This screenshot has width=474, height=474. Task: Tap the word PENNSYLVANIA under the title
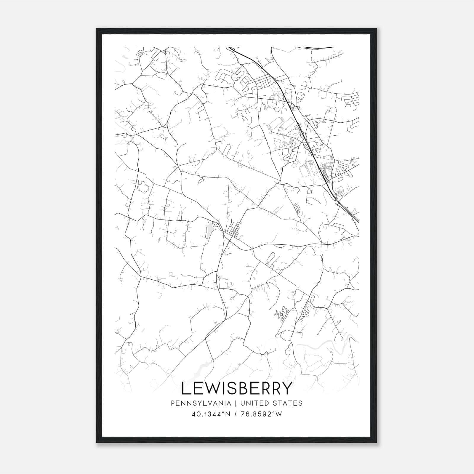(197, 403)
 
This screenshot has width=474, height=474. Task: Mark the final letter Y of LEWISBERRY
(286, 388)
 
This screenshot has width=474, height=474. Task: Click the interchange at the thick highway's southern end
(337, 201)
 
